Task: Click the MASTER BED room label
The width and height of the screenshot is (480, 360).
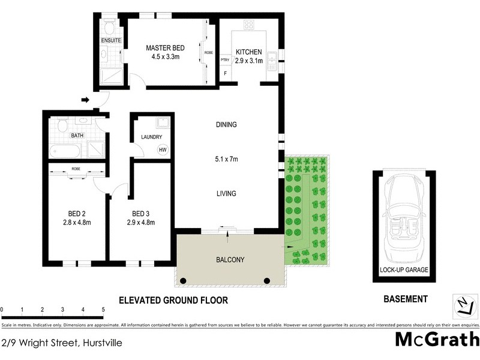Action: pyautogui.click(x=166, y=47)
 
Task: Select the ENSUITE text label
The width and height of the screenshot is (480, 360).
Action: pyautogui.click(x=111, y=40)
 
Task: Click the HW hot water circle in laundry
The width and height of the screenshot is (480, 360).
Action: pyautogui.click(x=162, y=149)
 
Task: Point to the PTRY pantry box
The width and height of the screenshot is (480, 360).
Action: pyautogui.click(x=226, y=59)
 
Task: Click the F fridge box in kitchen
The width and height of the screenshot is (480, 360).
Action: pyautogui.click(x=226, y=74)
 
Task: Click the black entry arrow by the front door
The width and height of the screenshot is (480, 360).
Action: pyautogui.click(x=86, y=100)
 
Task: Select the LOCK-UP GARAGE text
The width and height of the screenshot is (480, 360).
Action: pyautogui.click(x=403, y=269)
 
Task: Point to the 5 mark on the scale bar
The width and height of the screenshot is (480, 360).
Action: pyautogui.click(x=104, y=310)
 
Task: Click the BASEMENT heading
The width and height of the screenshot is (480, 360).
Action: pyautogui.click(x=405, y=299)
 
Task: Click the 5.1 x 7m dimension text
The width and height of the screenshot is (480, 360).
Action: pyautogui.click(x=227, y=159)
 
